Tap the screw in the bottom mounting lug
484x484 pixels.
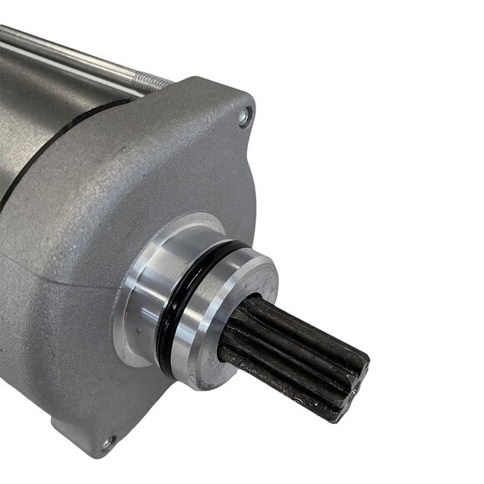[x=107, y=442]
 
